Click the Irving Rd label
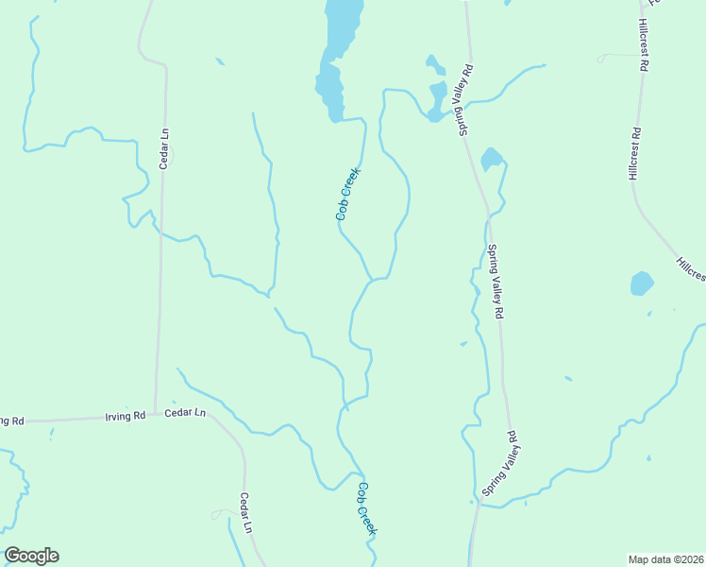pos(126,416)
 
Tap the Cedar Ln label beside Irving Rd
pos(185,413)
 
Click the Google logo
pos(31,556)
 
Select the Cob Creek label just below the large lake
pos(348,194)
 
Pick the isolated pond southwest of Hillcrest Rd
pos(642,283)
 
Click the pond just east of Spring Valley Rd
pos(491,158)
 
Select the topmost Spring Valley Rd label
pos(465,100)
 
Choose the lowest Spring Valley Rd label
pos(499,463)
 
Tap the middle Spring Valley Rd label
pos(496,282)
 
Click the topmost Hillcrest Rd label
pos(645,45)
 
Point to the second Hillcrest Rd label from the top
pos(634,154)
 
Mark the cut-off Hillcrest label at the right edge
pos(691,268)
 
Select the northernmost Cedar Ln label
pos(164,148)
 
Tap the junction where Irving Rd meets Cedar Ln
pos(157,414)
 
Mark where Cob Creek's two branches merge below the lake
pos(371,280)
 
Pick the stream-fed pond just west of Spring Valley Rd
pos(437,100)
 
